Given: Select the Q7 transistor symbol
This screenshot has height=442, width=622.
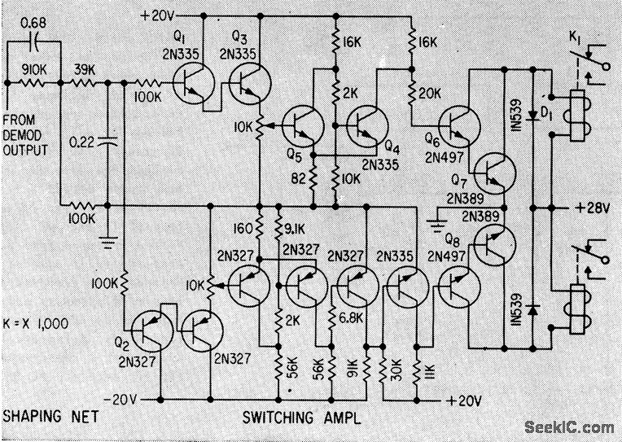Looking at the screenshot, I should pos(492,172).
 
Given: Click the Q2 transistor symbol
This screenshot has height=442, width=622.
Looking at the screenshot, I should pos(151,330).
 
